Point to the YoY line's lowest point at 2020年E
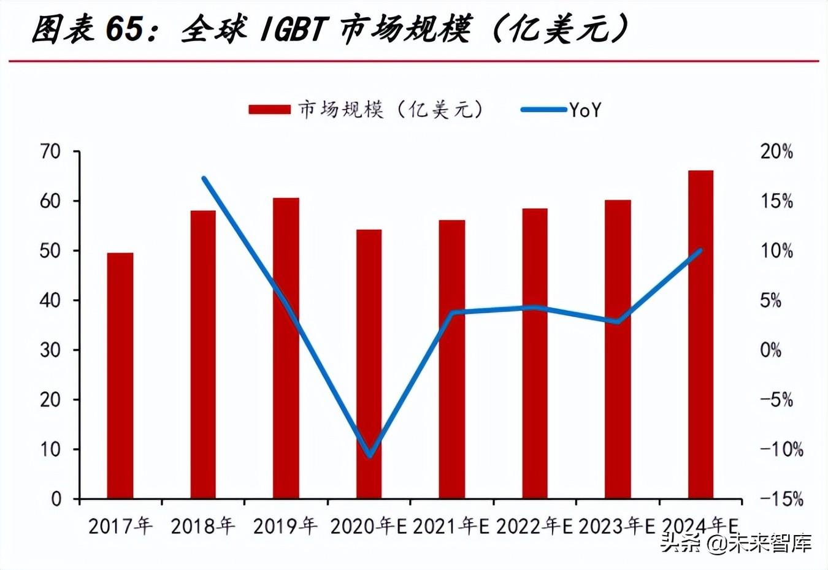pos(370,455)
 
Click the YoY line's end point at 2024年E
pos(700,251)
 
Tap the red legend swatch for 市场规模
pos(269,110)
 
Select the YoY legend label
pos(586,110)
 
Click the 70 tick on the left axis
pos(51,151)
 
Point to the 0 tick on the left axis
pos(56,499)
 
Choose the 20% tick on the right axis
pos(776,151)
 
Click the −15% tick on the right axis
pos(781,499)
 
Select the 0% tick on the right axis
pos(771,350)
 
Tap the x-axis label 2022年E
pos(534,526)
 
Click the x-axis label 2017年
pos(120,526)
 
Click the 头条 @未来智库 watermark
pos(736,543)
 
